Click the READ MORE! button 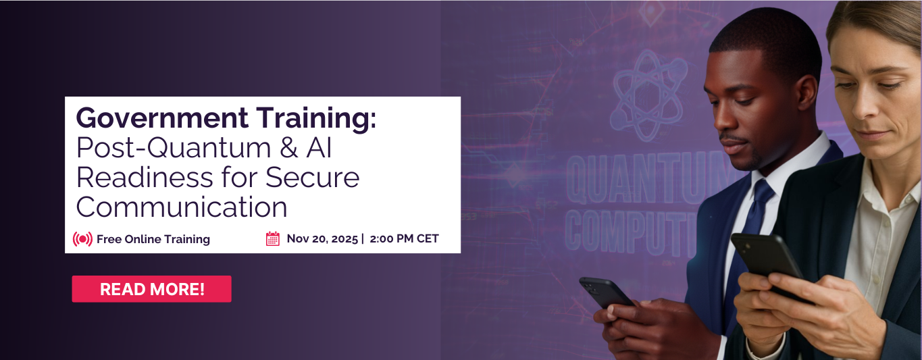pos(151,289)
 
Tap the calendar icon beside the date pos(273,238)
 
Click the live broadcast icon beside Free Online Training pos(82,239)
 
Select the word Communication pos(182,207)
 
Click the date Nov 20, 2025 pos(322,238)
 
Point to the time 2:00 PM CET pos(405,238)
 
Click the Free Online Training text pos(153,239)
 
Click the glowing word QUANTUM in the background pos(635,179)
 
